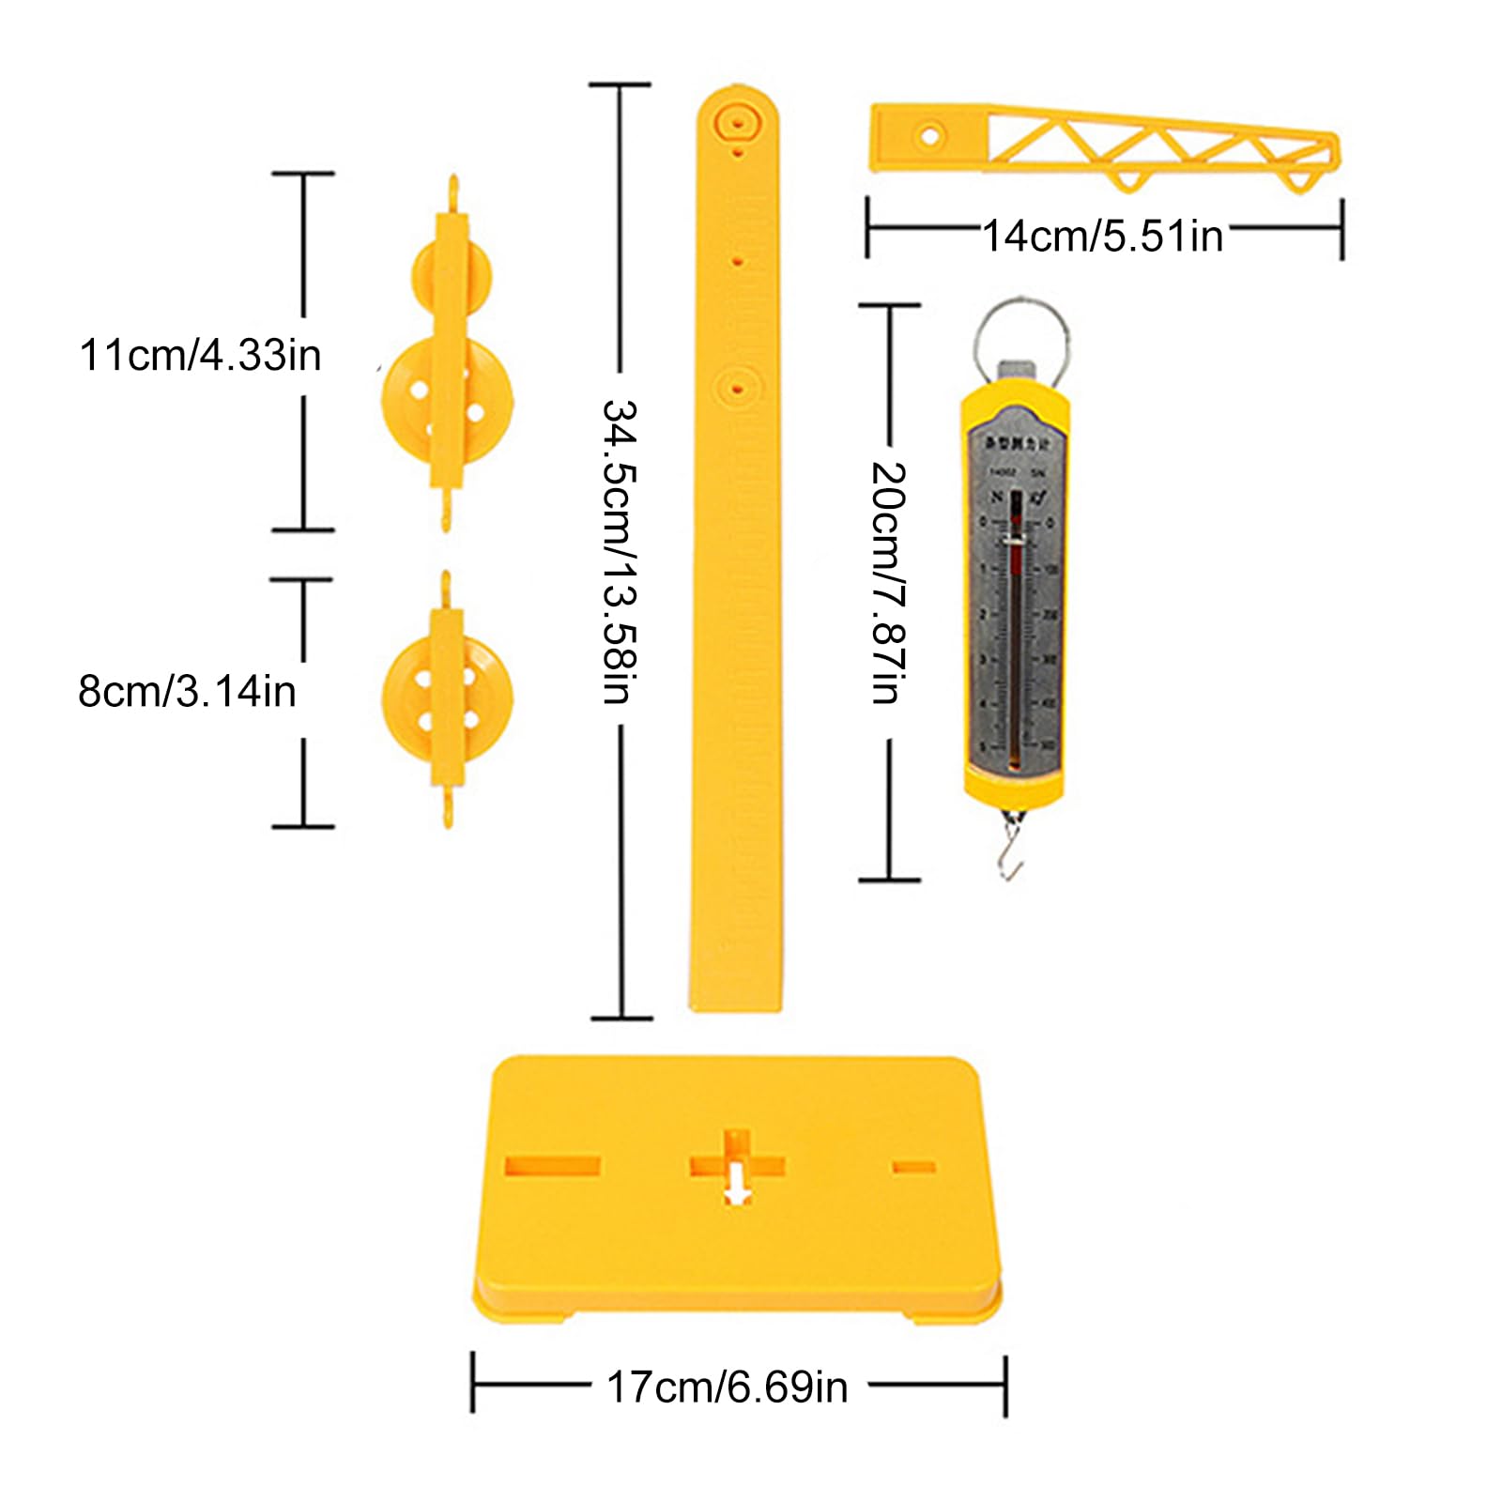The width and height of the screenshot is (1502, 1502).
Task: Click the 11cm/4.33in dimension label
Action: click(200, 356)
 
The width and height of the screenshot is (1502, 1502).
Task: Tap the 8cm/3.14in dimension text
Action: click(187, 692)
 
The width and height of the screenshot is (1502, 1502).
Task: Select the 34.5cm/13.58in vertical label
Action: click(620, 552)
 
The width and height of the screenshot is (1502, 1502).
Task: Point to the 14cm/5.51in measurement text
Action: click(1103, 236)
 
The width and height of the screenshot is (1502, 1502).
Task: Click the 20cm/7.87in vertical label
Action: click(888, 583)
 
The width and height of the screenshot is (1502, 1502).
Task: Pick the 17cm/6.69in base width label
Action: click(728, 1387)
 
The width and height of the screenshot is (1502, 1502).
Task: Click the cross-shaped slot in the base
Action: click(737, 1166)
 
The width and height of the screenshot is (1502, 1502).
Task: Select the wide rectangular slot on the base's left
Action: click(552, 1166)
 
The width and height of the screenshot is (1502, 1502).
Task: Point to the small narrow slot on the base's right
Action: click(913, 1167)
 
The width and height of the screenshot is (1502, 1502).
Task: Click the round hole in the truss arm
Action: click(930, 137)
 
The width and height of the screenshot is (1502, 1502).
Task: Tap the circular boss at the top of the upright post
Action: click(737, 122)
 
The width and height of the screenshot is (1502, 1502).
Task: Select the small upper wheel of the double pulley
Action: click(452, 272)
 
